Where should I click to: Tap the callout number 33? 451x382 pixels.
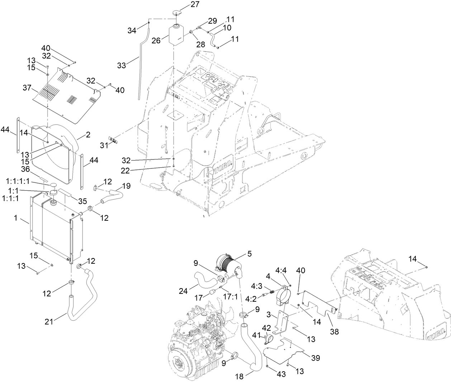[122, 65]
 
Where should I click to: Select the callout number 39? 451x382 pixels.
[315, 358]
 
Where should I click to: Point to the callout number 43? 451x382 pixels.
[281, 374]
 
